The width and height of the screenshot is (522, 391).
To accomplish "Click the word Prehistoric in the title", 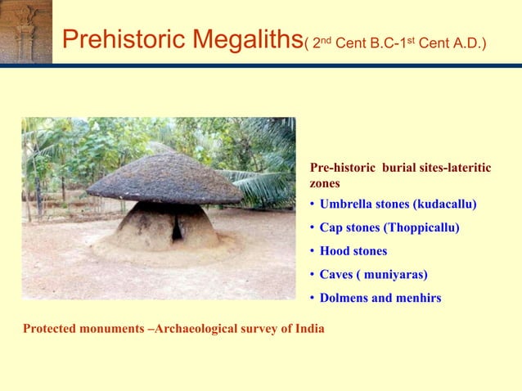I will click(x=110, y=38).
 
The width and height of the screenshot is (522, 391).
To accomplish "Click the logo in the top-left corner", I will click(x=25, y=31).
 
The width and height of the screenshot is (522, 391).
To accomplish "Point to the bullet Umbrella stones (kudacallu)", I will click(x=398, y=203).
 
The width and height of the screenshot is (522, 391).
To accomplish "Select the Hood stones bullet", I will click(x=353, y=250).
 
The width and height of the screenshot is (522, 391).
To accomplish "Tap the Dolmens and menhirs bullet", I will click(x=380, y=298).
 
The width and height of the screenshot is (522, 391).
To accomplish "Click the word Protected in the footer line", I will click(x=50, y=329).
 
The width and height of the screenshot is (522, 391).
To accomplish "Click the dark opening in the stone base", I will click(x=177, y=230).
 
